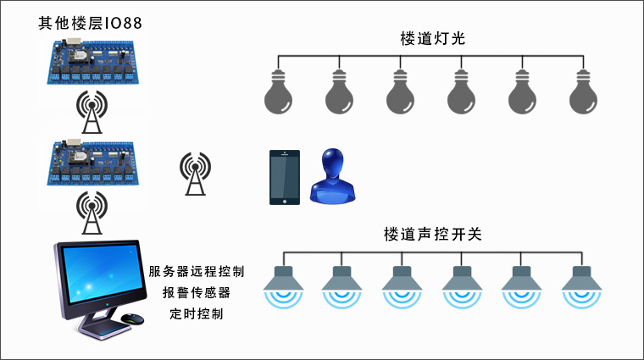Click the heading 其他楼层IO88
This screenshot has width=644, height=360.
tap(89, 22)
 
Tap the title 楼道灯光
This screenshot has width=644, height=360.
tap(431, 39)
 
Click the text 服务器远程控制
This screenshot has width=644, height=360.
tap(196, 272)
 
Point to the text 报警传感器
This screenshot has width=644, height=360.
tap(196, 293)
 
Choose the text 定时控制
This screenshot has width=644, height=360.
tap(196, 314)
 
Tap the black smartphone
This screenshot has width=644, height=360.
tap(286, 177)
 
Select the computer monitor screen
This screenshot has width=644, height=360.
tap(100, 276)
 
